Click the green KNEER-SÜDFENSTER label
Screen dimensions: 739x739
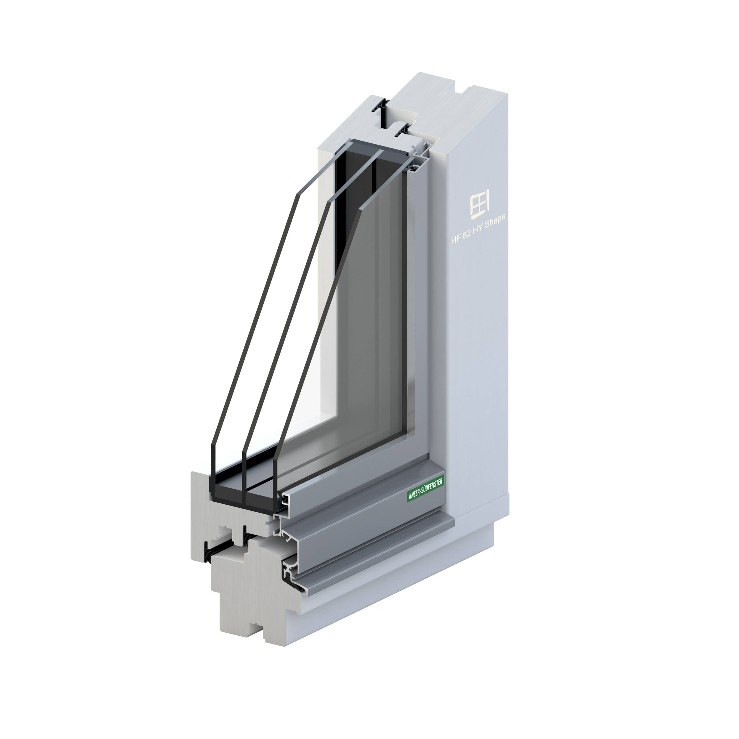click(x=425, y=490)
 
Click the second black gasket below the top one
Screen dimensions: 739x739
click(x=403, y=131)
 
